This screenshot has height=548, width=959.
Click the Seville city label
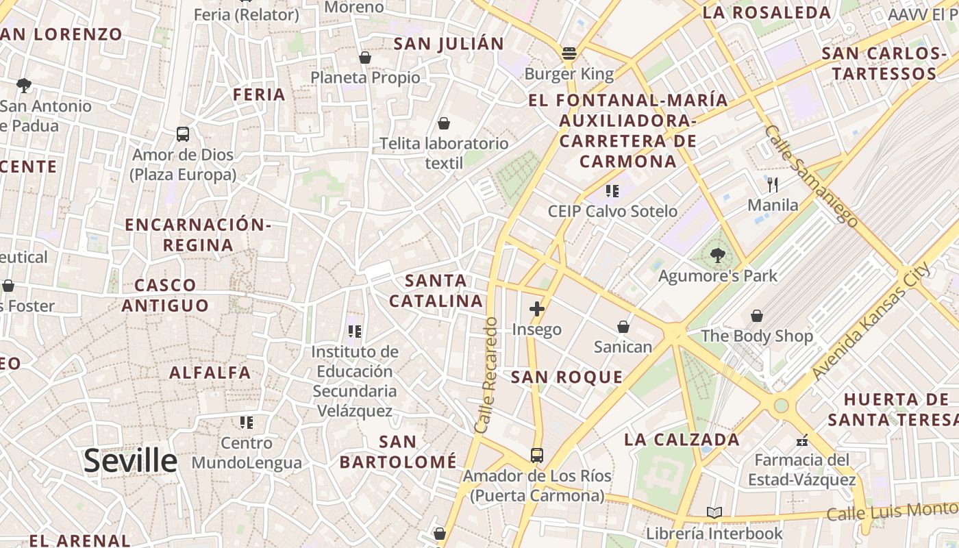pos(130,461)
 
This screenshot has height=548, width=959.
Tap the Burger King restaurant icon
pos(569,53)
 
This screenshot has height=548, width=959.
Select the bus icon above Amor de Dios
pos(182,134)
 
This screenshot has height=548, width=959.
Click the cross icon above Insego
pos(537,309)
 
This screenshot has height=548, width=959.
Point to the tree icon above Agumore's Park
pos(717,256)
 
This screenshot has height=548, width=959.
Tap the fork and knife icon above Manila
pos(773,184)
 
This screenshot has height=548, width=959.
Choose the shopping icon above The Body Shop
pos(757,316)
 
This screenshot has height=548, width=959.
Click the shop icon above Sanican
pos(623,327)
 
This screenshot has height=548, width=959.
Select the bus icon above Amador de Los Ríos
pos(537,456)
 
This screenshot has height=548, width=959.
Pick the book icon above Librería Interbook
pos(714,512)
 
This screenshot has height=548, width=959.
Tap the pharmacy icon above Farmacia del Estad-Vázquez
pos(802,440)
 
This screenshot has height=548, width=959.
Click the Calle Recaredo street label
pos(486,375)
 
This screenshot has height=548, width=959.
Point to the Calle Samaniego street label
pos(811,175)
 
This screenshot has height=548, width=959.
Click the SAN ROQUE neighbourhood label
pos(567,377)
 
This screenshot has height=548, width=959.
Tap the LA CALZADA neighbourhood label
pos(682,440)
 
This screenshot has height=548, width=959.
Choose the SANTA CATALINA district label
pos(436,290)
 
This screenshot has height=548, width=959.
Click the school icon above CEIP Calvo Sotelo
pos(612,191)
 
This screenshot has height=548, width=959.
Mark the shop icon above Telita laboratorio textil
pos(444,123)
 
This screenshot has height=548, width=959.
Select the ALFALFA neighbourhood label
pos(210,373)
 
